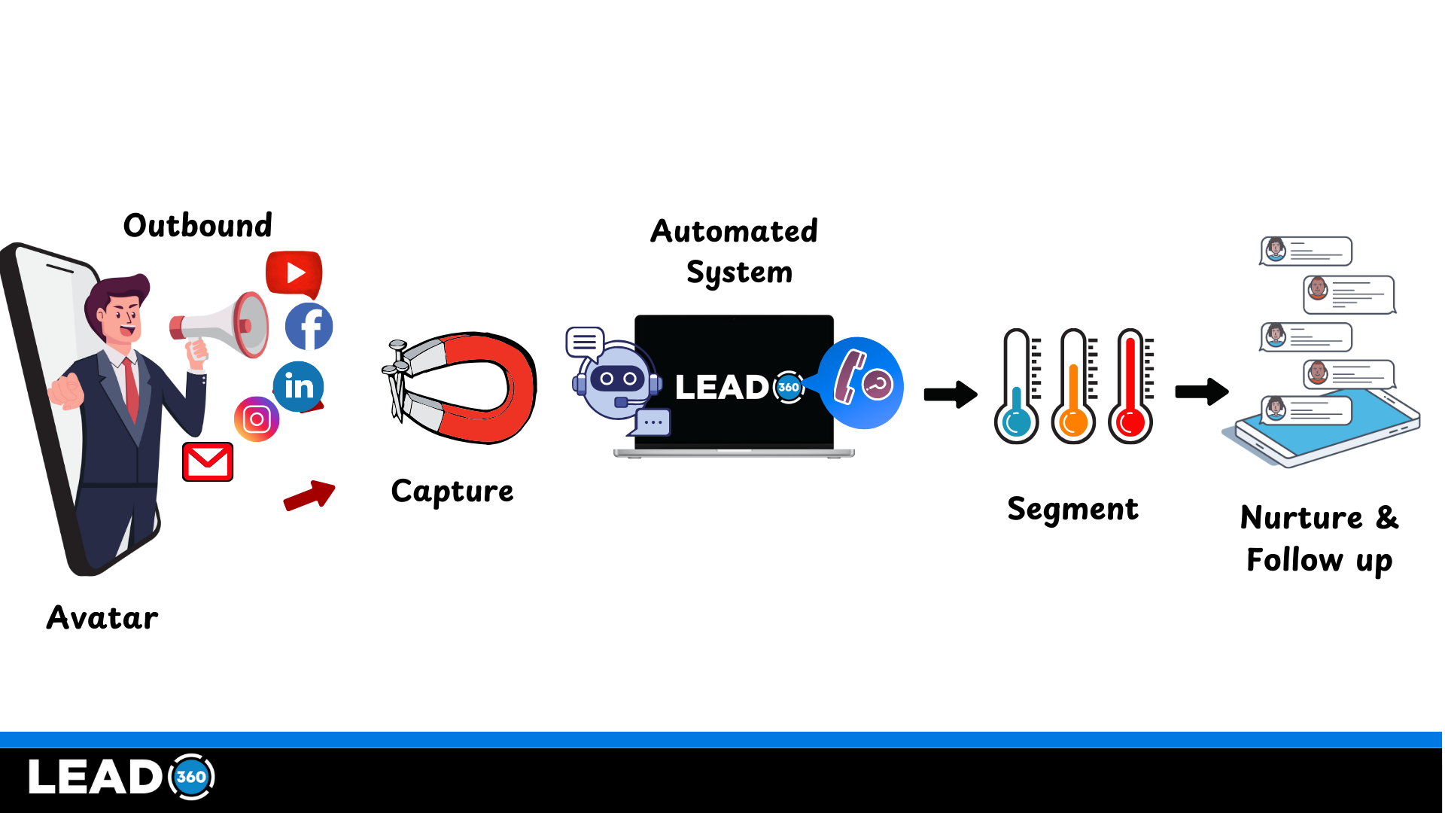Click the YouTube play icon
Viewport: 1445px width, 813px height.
point(294,273)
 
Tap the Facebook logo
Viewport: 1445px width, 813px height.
point(309,327)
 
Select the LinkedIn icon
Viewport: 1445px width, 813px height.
point(299,386)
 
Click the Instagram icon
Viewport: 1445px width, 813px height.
point(257,419)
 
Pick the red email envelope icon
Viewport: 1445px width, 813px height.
point(208,461)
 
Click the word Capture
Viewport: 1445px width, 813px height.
point(452,492)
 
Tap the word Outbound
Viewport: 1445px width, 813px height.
point(198,226)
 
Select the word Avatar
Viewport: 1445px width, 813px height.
point(102,618)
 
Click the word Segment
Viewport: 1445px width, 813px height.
point(1072,510)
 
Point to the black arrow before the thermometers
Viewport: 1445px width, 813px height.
point(951,394)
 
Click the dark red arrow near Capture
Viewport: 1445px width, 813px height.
point(309,496)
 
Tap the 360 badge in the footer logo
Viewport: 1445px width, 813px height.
point(191,777)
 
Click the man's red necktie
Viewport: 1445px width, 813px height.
point(132,388)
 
